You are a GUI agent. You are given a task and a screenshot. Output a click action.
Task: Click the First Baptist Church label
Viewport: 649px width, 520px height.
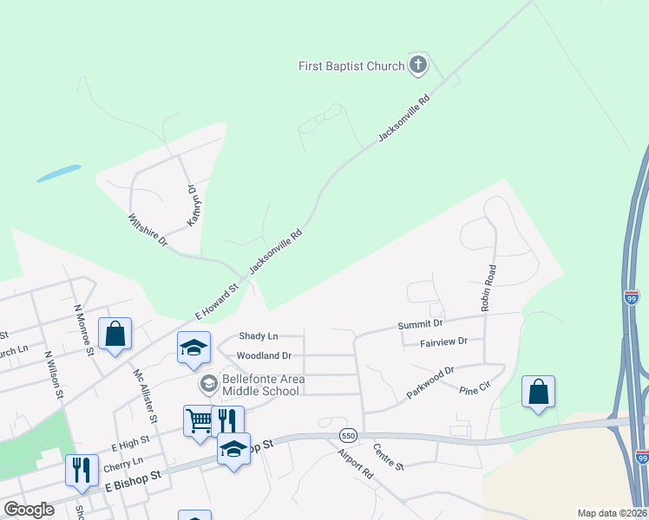(351, 66)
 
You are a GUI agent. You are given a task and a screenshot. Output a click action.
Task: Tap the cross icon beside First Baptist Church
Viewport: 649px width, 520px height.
(418, 65)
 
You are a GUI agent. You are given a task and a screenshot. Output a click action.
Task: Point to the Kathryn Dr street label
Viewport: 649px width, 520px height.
(193, 205)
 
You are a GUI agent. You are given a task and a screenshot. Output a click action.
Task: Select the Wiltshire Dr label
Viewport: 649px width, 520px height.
(147, 231)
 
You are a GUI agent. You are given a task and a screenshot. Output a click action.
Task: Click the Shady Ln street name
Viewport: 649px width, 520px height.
(259, 335)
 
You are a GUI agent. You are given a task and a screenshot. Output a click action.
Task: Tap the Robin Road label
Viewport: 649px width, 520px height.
(487, 288)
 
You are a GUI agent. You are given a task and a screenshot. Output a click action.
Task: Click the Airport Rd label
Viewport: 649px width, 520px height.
(355, 463)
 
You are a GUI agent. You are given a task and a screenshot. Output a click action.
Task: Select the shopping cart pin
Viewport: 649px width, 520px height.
(200, 420)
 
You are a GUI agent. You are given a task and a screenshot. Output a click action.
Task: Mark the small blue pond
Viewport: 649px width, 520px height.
(59, 173)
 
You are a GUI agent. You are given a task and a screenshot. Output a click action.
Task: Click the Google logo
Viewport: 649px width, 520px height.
(29, 510)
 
